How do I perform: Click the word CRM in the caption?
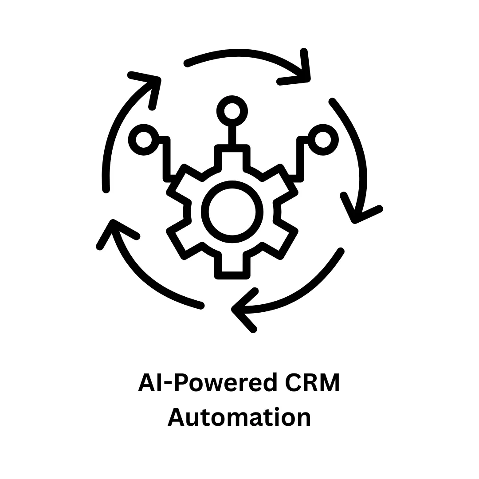tap(311, 383)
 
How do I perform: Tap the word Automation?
tap(239, 418)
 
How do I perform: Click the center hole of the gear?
tap(232, 212)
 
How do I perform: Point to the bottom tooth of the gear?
tap(232, 268)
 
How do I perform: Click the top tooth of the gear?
tap(232, 155)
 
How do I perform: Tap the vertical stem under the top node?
tap(232, 135)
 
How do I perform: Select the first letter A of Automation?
tap(176, 418)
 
